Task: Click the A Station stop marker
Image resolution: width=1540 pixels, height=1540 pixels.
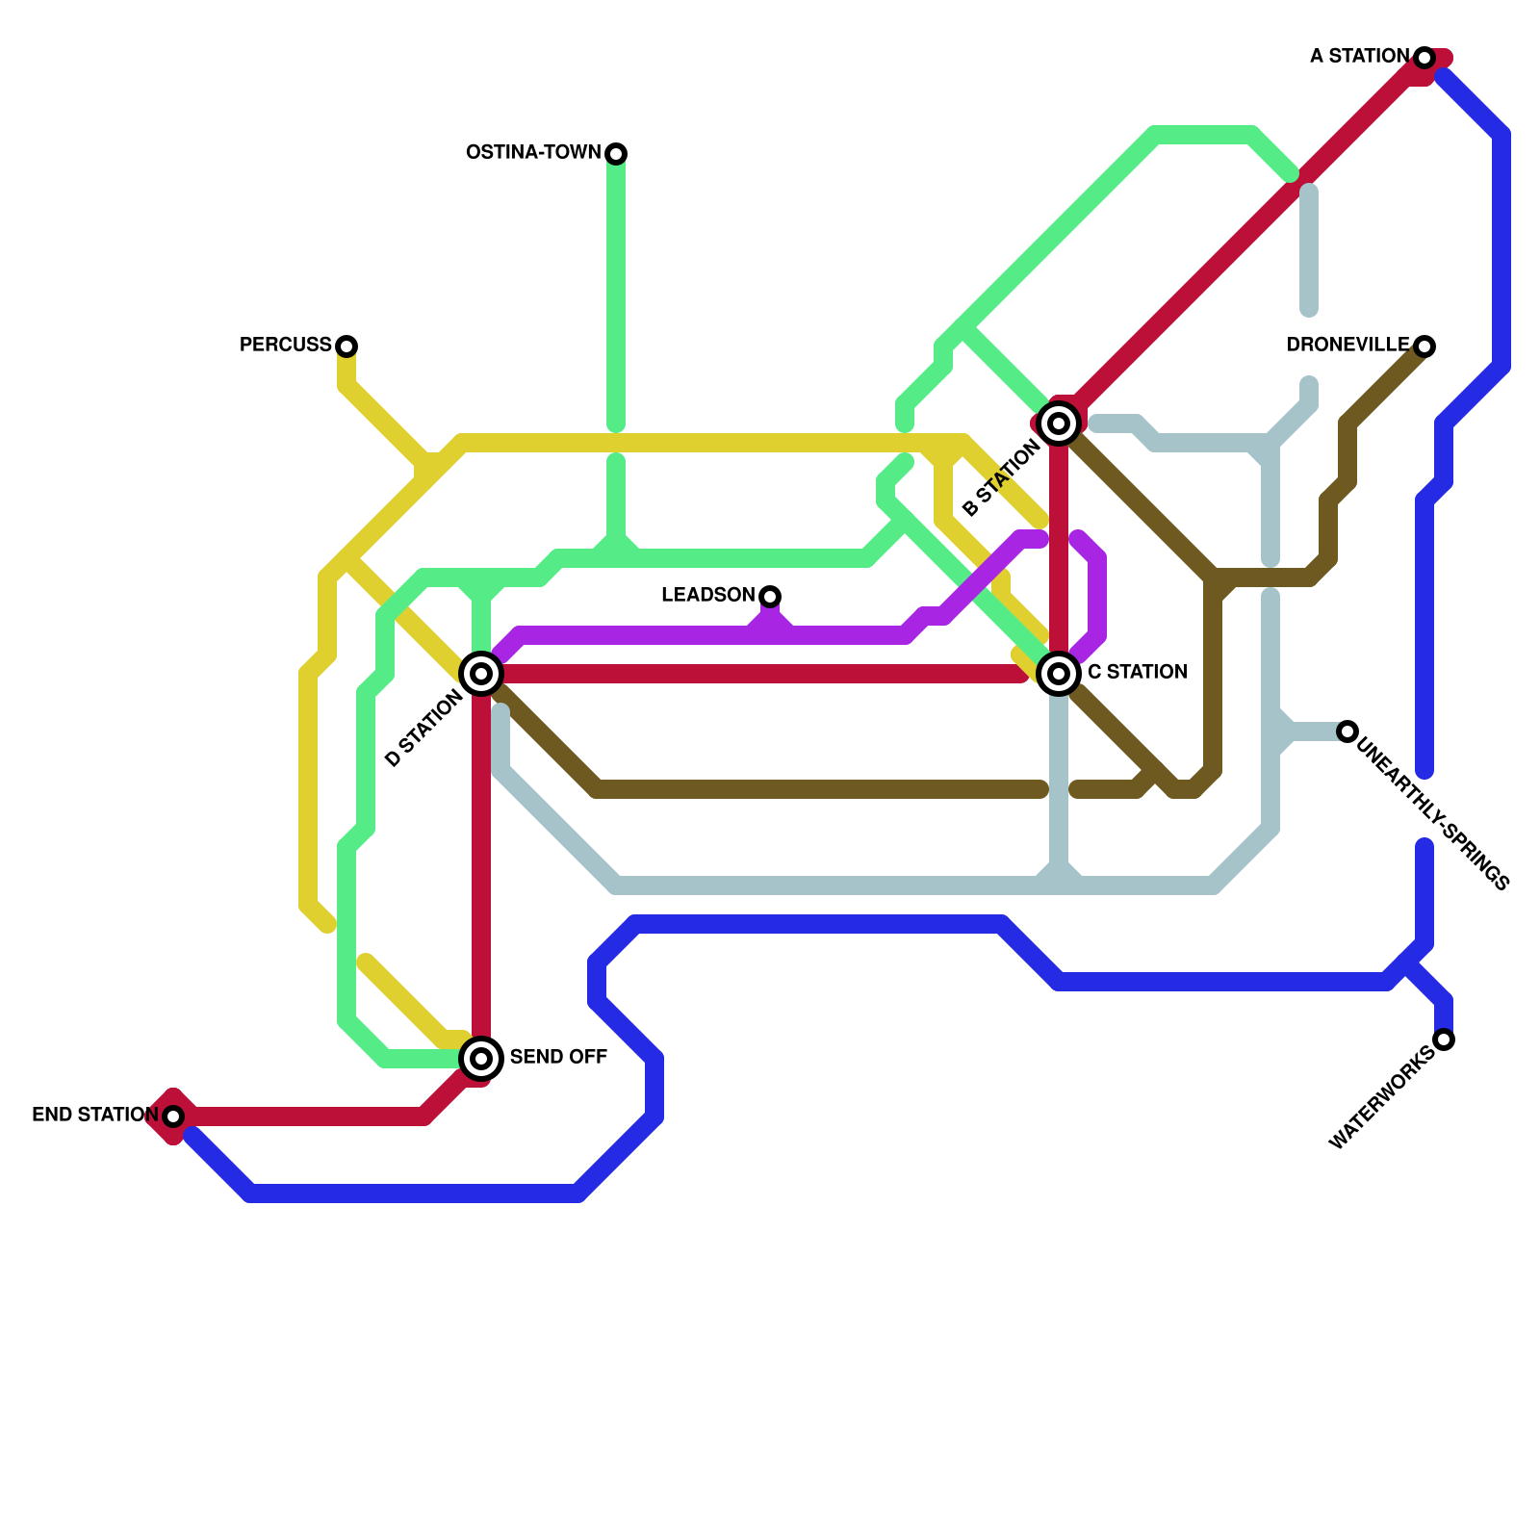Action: point(1424,58)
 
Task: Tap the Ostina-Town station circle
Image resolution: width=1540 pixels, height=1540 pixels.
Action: point(616,153)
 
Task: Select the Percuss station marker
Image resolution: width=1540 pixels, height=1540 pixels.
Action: point(346,346)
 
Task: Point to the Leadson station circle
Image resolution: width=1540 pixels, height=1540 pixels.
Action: point(770,596)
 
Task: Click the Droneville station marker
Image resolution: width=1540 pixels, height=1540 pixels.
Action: point(1424,346)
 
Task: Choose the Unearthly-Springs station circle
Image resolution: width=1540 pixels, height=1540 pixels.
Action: point(1347,731)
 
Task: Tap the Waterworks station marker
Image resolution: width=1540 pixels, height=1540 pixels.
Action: point(1444,1039)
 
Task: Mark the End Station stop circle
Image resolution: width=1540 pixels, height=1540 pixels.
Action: point(173,1116)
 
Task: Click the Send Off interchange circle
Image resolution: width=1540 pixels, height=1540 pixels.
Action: point(481,1059)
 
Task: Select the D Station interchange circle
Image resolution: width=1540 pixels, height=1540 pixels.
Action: point(481,673)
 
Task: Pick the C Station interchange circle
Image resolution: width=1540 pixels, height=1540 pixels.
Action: point(1059,673)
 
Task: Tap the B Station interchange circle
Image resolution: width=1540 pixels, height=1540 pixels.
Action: point(1059,423)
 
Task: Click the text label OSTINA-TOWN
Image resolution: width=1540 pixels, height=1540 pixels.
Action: point(533,153)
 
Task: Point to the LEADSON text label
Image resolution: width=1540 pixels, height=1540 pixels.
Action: point(707,596)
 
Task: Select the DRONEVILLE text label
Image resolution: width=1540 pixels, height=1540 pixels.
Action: point(1347,346)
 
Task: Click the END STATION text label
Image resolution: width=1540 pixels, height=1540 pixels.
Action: point(94,1116)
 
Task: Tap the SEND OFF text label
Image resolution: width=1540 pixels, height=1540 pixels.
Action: point(558,1058)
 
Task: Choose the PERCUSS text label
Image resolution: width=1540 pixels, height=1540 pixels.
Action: point(285,346)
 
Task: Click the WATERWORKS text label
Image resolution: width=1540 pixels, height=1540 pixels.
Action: point(1382,1098)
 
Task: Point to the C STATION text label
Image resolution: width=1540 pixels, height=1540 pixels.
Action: point(1137,673)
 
